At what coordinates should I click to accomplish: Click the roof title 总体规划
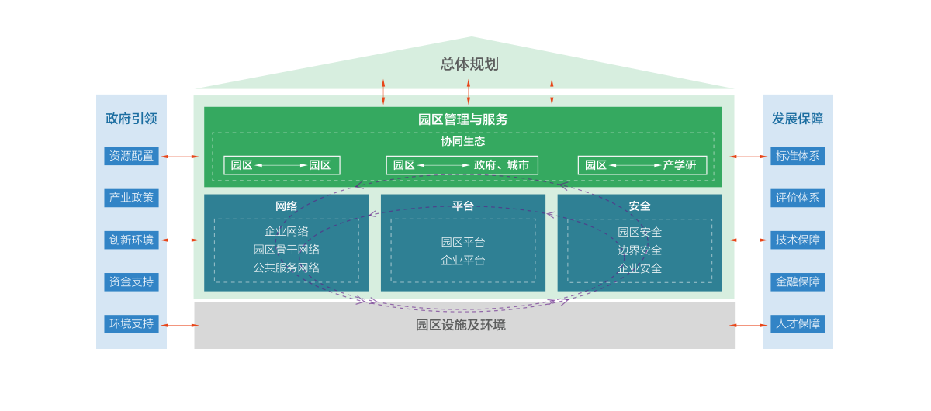[x=469, y=64]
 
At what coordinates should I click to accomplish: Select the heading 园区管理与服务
[x=463, y=119]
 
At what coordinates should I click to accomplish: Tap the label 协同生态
[x=463, y=141]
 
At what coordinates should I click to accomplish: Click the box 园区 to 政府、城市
[x=462, y=165]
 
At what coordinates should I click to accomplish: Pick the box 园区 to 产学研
[x=642, y=165]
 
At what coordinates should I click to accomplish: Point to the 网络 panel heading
[x=286, y=206]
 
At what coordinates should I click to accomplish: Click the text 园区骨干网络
[x=286, y=250]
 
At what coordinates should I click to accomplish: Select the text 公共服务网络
[x=286, y=268]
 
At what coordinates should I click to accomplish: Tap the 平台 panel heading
[x=463, y=206]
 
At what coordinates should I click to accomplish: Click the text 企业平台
[x=463, y=261]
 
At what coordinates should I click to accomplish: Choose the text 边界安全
[x=640, y=250]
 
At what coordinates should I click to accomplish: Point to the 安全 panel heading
[x=640, y=206]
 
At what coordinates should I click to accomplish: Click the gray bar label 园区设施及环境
[x=461, y=325]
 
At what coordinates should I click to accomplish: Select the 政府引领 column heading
[x=131, y=119]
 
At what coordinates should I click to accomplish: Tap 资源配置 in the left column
[x=131, y=156]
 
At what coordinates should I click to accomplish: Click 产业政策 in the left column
[x=131, y=198]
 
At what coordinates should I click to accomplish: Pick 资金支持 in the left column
[x=131, y=281]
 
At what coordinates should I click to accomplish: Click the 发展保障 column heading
[x=798, y=119]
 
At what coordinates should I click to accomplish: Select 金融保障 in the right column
[x=798, y=281]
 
